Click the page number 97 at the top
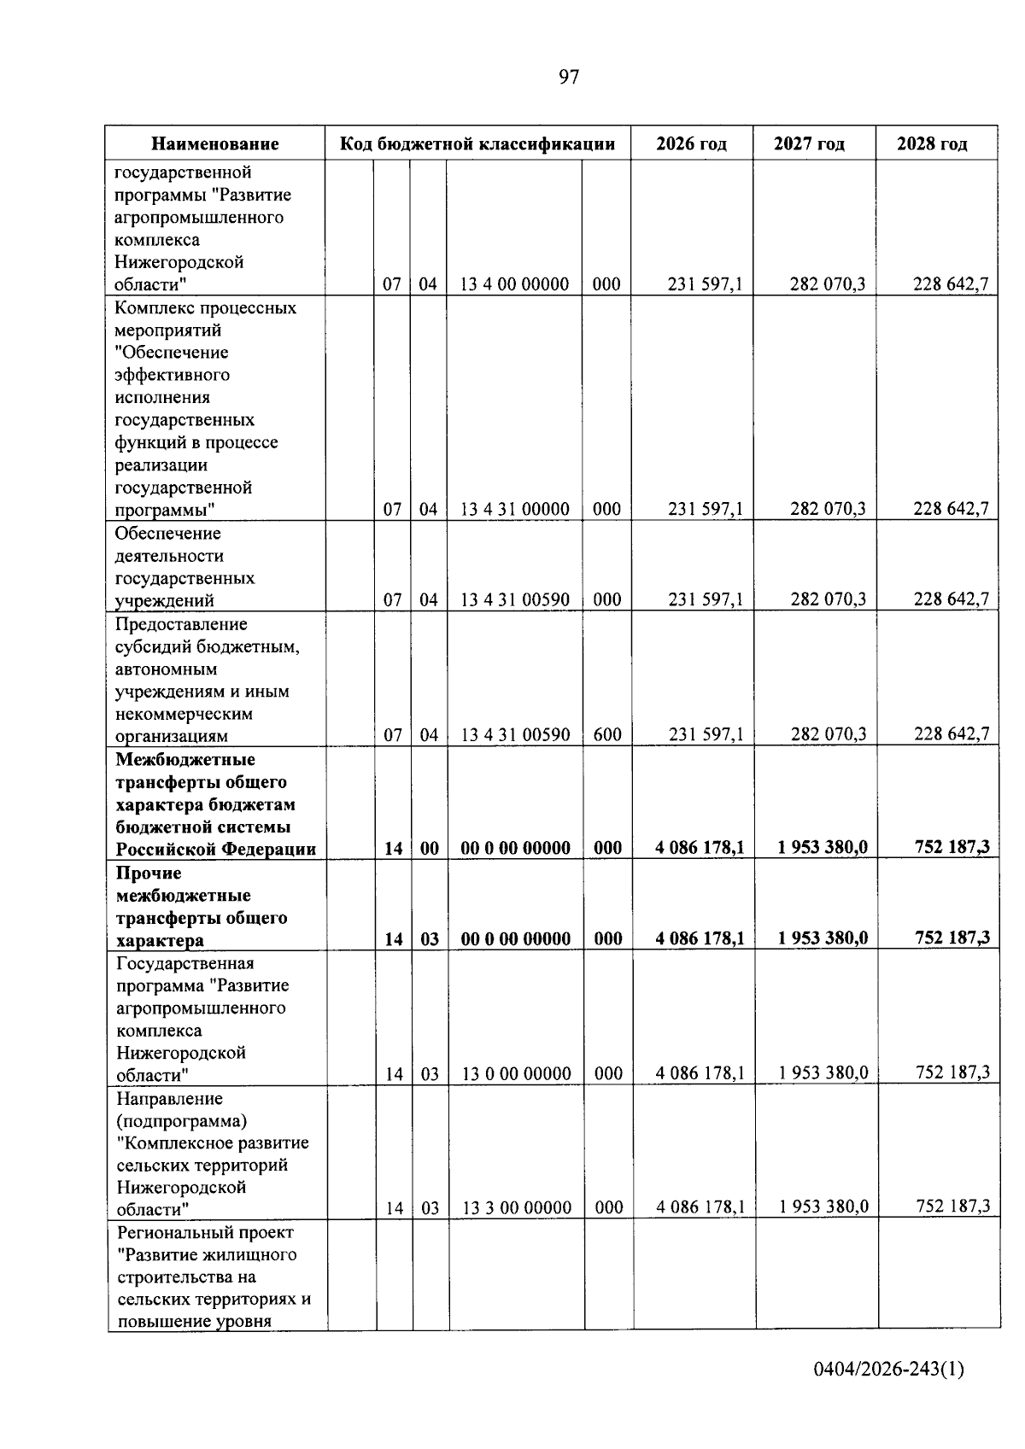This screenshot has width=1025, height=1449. [569, 78]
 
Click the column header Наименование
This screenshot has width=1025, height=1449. [215, 143]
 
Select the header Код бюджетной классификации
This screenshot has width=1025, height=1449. [477, 143]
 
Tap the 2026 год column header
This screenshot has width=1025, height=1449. [691, 143]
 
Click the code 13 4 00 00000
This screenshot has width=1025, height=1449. [514, 284]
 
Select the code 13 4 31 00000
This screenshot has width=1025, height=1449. [514, 510]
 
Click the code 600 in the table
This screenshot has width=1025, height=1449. [606, 734]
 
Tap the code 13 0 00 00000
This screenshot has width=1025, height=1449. [516, 1073]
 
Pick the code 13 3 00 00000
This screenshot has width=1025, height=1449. [516, 1207]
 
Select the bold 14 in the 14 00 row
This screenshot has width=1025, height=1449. [393, 848]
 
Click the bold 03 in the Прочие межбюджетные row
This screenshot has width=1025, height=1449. [430, 939]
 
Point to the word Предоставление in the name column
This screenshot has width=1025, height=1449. [181, 624]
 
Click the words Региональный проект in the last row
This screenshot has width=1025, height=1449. [205, 1232]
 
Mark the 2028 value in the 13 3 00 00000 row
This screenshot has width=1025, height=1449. [952, 1207]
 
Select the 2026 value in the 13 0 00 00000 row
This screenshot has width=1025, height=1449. [700, 1073]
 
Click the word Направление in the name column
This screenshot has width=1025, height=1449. [169, 1098]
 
